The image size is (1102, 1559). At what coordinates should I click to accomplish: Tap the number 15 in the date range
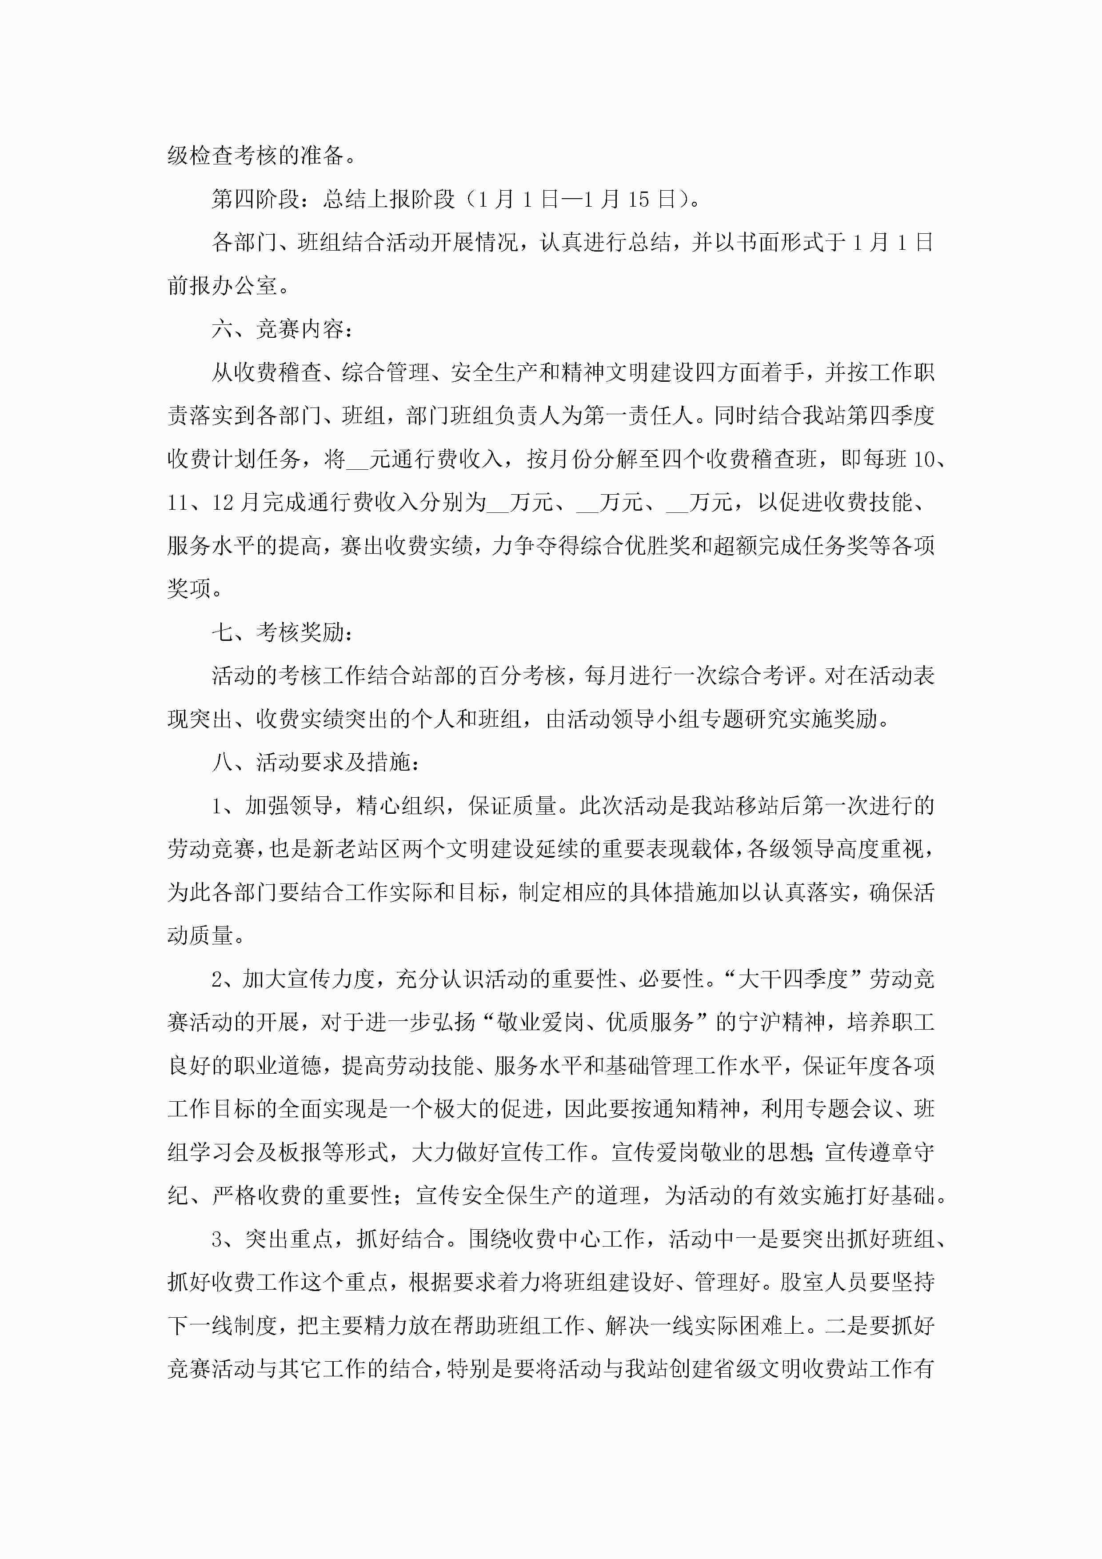(639, 199)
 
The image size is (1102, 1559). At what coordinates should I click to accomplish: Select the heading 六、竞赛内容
(282, 329)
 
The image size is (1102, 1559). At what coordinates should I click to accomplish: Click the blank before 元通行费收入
(357, 460)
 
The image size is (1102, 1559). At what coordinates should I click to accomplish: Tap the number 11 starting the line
(178, 503)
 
